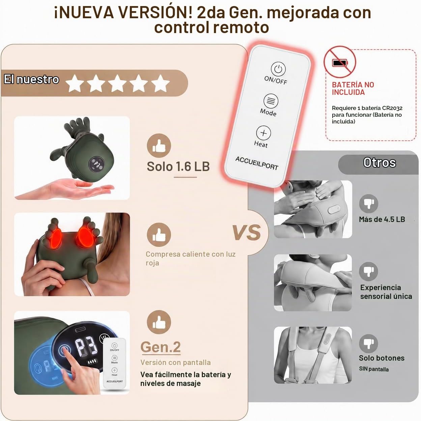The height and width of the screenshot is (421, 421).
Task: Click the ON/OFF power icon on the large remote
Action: (278, 69)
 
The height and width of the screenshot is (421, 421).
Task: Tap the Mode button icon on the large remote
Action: (271, 101)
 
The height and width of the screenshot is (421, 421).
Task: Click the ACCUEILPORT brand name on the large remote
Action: (257, 163)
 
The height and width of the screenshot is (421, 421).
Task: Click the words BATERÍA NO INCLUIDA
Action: (353, 88)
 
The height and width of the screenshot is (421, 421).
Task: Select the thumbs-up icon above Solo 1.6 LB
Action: (159, 146)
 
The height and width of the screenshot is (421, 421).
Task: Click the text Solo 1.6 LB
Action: (178, 167)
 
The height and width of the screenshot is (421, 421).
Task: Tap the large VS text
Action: (247, 232)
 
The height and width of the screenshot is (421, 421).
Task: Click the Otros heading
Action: (380, 163)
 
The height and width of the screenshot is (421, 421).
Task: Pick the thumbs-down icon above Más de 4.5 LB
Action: (369, 204)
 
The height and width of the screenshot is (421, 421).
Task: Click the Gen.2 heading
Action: (161, 347)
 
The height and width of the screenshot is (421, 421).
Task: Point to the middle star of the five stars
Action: (117, 83)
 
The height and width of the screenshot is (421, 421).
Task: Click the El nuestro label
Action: (31, 79)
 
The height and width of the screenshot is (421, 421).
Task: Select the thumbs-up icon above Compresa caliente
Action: (159, 235)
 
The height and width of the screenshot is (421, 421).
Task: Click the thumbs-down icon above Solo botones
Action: (369, 343)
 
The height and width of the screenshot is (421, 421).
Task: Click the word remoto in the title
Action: (241, 28)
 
